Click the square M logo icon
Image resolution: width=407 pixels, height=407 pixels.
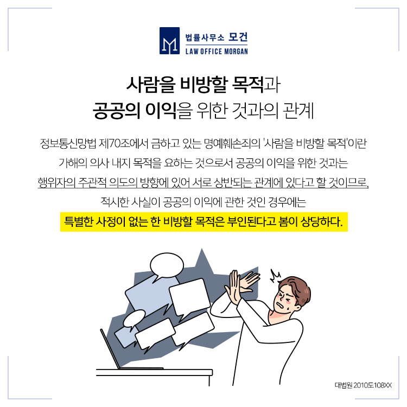point(169,41)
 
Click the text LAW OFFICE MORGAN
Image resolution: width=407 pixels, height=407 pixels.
point(217,51)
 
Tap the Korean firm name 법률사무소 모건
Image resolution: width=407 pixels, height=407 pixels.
point(217,37)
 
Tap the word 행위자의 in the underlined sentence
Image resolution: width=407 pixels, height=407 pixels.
point(56,182)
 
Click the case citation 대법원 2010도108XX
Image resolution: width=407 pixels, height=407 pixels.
point(363,385)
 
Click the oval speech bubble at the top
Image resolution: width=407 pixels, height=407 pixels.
point(167,266)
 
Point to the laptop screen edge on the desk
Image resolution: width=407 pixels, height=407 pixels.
point(111,348)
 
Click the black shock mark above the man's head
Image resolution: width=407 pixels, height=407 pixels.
point(275,276)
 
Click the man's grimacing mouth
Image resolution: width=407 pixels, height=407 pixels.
point(281,306)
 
